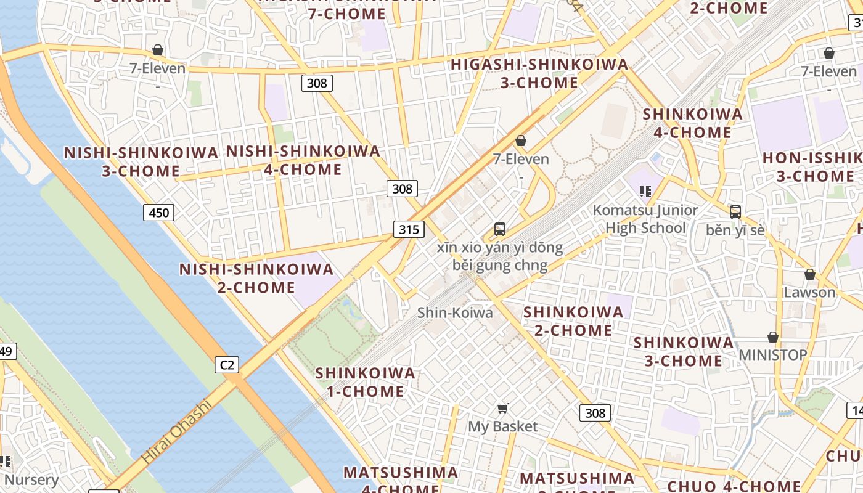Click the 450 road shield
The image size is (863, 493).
(x=158, y=213)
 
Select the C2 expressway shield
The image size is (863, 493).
(x=227, y=365)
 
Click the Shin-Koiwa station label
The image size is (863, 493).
(x=455, y=312)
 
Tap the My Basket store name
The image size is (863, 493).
(x=502, y=426)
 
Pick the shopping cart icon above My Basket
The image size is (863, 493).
(x=502, y=408)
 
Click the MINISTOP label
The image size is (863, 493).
(x=772, y=355)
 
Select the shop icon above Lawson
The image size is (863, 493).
(x=810, y=274)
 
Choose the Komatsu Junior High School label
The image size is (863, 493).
(x=645, y=219)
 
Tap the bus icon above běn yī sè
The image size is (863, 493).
(x=735, y=212)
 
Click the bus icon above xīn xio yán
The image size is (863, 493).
(x=500, y=229)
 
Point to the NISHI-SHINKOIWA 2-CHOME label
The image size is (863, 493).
(x=256, y=278)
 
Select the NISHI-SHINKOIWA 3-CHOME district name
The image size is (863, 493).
(x=141, y=161)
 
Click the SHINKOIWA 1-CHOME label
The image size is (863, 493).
(x=365, y=382)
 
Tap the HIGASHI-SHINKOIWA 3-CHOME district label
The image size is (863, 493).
(x=539, y=73)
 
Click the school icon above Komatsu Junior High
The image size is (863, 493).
(x=645, y=192)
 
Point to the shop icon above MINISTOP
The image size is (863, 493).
(x=772, y=337)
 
